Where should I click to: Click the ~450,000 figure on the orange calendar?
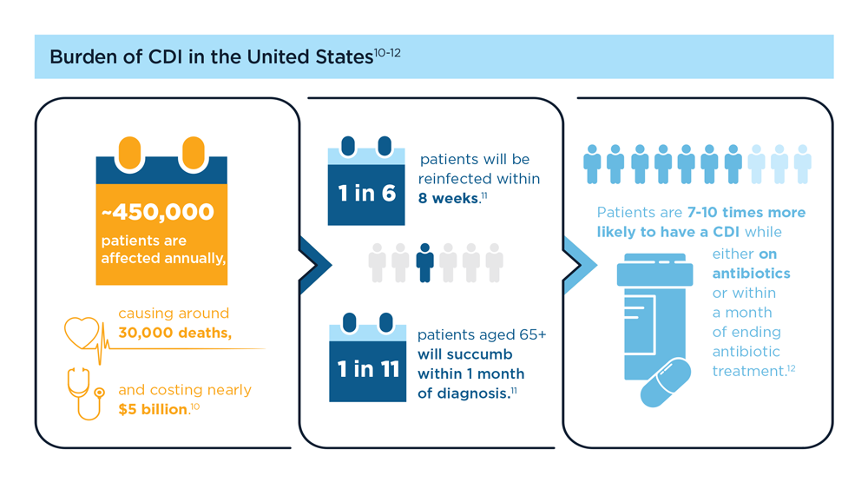[x=158, y=212]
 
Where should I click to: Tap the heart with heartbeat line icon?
[x=83, y=334]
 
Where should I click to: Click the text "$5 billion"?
[x=153, y=409]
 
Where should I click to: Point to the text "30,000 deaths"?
[x=174, y=333]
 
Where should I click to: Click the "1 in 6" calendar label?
[x=367, y=194]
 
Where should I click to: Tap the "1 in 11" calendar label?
[x=368, y=369]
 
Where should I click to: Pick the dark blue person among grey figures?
[x=424, y=263]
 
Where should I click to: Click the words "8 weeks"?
[x=449, y=198]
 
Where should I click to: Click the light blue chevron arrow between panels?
[x=580, y=265]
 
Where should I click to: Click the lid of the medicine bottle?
[x=654, y=270]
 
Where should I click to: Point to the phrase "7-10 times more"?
[x=746, y=213]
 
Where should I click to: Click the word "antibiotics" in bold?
[x=751, y=274]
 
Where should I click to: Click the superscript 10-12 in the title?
[x=387, y=53]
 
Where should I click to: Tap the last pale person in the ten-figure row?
[x=803, y=164]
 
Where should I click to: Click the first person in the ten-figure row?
[x=592, y=164]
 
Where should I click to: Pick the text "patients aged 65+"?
[x=482, y=334]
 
